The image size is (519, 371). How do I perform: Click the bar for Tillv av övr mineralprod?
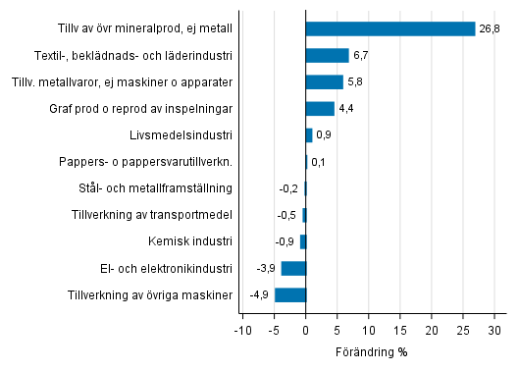click(390, 28)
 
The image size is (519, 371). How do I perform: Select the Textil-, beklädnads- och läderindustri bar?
click(327, 55)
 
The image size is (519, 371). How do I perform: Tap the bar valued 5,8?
click(324, 81)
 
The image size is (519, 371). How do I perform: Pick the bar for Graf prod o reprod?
click(320, 108)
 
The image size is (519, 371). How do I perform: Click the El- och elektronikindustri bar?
click(293, 268)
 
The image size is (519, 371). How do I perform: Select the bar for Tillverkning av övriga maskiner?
click(290, 294)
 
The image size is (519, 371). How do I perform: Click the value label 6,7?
click(361, 55)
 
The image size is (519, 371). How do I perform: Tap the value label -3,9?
click(266, 268)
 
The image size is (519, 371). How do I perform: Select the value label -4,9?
click(259, 294)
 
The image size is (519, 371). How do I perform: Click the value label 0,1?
click(319, 162)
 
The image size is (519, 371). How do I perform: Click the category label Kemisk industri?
click(191, 241)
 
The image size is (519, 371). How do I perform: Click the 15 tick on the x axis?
click(400, 329)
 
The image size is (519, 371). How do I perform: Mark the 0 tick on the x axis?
click(306, 329)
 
